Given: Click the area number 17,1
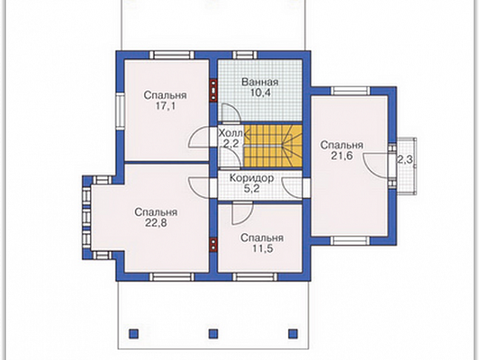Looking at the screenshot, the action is [x=165, y=107].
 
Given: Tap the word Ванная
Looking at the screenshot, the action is [x=260, y=82].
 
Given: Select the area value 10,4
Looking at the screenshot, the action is [x=260, y=93].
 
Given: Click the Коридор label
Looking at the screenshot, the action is [x=252, y=178].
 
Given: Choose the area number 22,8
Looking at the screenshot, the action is [x=156, y=223].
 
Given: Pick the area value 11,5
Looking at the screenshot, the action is [x=262, y=249].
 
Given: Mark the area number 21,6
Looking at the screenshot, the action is [x=341, y=156].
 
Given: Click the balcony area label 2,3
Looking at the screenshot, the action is [x=405, y=160].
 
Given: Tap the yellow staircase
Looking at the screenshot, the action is [x=273, y=146].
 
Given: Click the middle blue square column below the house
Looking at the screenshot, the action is [x=213, y=334].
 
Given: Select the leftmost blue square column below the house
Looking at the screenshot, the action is [x=134, y=334].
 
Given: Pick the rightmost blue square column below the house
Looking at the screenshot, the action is [x=293, y=334].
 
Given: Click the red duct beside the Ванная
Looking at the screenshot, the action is [x=213, y=90].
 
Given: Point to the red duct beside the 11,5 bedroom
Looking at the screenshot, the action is [x=213, y=244].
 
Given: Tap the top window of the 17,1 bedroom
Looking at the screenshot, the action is [x=172, y=55].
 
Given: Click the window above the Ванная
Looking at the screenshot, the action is [x=245, y=55].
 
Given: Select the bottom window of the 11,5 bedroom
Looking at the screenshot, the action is [x=255, y=277].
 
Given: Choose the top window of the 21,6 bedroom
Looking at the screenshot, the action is [x=351, y=92].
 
